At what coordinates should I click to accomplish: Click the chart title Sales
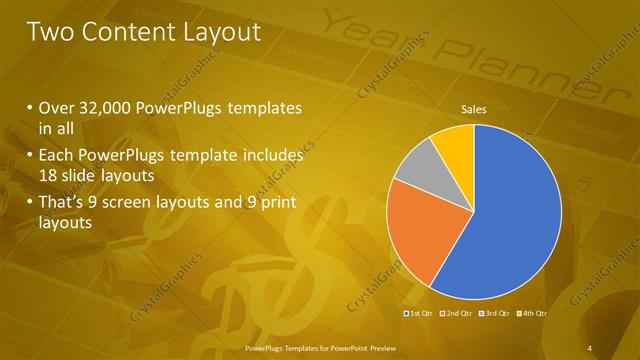tap(474, 109)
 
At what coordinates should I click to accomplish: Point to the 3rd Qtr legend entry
tap(496, 313)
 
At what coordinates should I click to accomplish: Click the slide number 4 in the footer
tap(590, 347)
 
